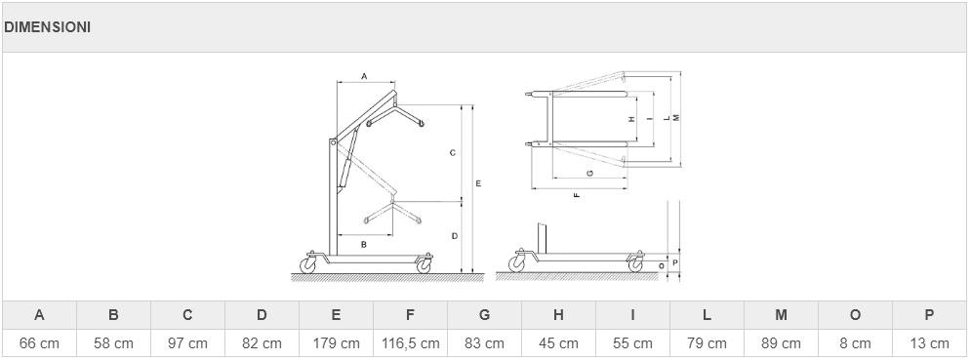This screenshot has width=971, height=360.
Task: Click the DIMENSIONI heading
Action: (47, 27)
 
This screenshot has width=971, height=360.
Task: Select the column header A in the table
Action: (39, 315)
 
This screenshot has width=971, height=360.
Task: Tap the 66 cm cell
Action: (39, 342)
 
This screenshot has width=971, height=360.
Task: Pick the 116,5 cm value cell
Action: (410, 342)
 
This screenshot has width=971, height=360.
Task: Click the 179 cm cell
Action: (336, 342)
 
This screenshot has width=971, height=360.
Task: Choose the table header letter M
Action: (781, 315)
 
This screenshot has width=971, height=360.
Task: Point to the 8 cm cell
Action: (855, 342)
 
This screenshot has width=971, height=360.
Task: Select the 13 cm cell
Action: (929, 342)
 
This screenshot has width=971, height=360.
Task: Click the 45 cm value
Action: (558, 342)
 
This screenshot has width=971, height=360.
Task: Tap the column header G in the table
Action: (484, 315)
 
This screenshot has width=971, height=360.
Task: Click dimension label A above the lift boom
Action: (364, 76)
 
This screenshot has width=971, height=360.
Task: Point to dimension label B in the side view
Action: (363, 245)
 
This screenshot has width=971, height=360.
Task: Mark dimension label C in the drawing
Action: (453, 152)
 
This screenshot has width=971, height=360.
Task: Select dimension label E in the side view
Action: (478, 183)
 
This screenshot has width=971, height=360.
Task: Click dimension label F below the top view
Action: (577, 195)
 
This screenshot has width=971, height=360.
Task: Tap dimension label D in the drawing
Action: (454, 236)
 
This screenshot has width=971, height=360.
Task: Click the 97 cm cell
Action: (187, 342)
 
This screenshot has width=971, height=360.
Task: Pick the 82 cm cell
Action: (262, 342)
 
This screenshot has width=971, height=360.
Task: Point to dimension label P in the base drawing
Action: (675, 262)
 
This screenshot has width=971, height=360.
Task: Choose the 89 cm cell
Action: (781, 342)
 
